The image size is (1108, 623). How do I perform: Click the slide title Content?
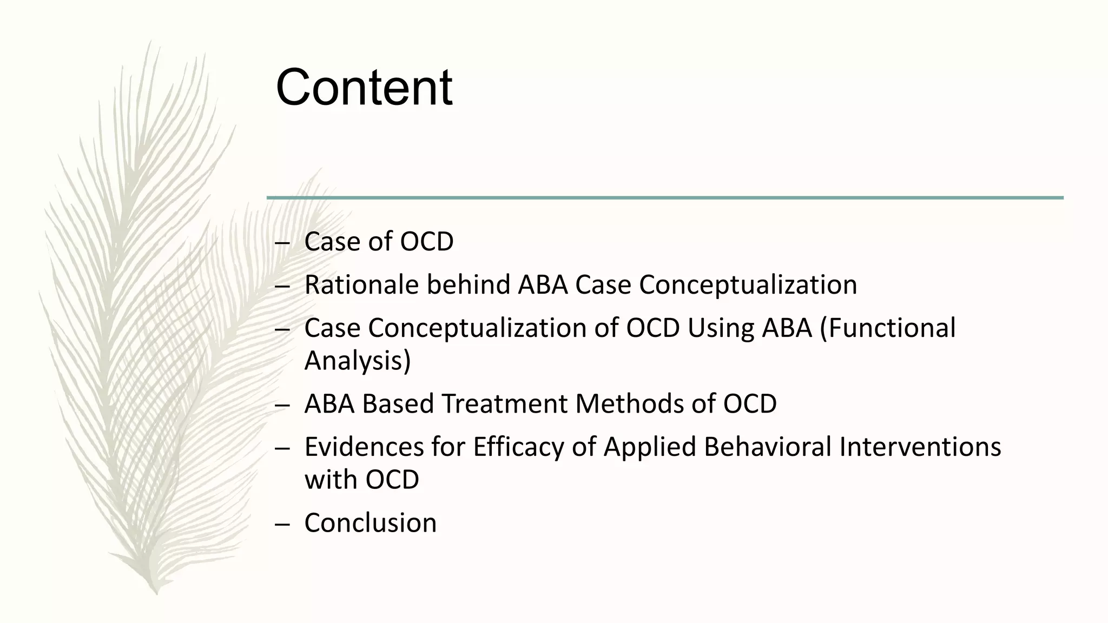point(364,88)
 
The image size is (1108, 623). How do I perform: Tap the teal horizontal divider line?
point(665,198)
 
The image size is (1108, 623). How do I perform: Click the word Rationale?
point(361,285)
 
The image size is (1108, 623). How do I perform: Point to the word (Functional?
point(888,328)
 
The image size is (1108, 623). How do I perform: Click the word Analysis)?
point(358,361)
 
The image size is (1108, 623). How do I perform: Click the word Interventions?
point(920,447)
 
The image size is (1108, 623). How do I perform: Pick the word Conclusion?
point(370,523)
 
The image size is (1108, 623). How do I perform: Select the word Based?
point(398,404)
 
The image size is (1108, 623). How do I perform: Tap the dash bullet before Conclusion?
point(282,524)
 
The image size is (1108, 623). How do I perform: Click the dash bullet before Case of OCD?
point(282,243)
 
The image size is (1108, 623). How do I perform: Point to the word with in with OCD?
point(331,480)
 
